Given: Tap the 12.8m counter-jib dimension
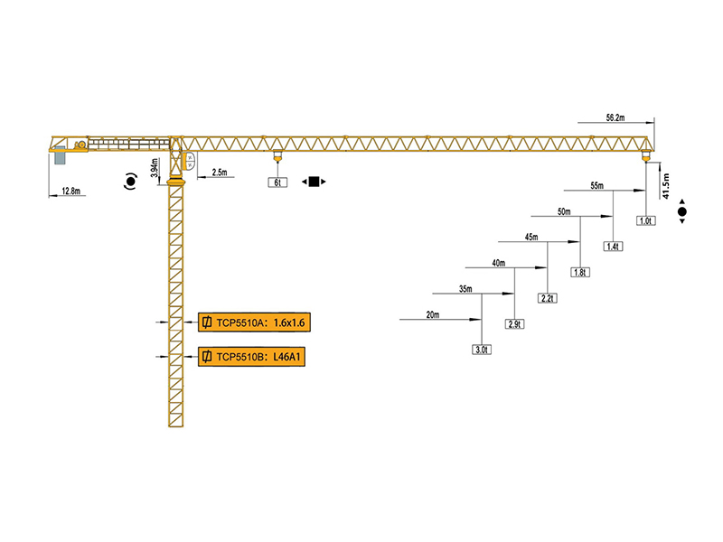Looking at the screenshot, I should coord(71,192).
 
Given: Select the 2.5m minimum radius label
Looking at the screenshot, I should coord(219,172).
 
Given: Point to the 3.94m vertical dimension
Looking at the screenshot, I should coord(155,168).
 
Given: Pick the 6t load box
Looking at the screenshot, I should coord(277,182).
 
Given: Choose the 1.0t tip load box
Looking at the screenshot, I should coord(645,220).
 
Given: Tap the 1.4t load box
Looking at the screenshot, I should coord(613,247).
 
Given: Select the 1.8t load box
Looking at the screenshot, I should coord(580,272).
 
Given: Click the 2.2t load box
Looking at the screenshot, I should coord(547,298).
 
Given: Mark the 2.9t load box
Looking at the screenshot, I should coord(515,323).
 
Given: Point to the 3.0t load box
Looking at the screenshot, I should coord(482,350).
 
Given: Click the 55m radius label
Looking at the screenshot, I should coord(596,186).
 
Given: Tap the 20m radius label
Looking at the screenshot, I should coord(433,314).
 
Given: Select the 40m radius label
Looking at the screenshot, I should coord(498,263).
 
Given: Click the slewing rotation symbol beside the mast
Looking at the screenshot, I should coord(131,182).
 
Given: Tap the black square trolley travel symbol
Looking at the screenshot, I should coord(314,182).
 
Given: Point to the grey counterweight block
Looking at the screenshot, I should coord(61,157).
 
